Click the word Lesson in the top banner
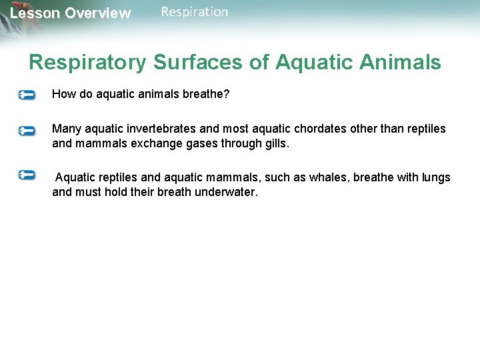34,13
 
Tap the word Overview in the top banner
97,13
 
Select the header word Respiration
194,12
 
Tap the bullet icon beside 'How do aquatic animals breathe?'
27,95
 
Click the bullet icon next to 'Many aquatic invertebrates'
27,131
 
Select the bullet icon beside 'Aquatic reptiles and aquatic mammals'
27,175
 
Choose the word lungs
436,177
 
